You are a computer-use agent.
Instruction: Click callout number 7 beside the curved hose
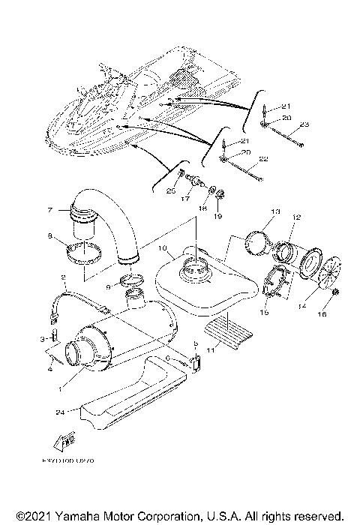(x=50, y=209)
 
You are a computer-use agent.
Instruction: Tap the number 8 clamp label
(x=50, y=236)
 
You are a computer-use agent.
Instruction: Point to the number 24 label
(x=57, y=411)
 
